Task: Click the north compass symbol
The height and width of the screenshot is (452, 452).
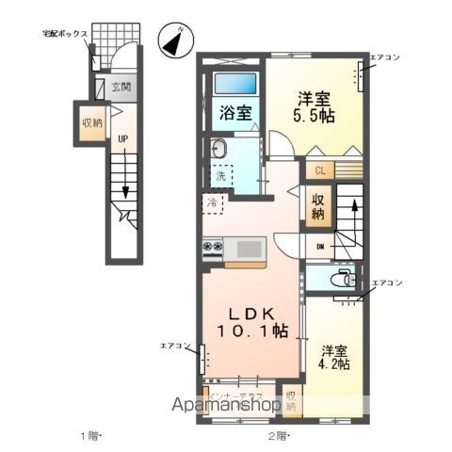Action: coord(173,40)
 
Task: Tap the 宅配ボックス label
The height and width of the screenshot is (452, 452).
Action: coord(65,34)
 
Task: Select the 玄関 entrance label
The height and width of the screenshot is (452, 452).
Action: coord(121,88)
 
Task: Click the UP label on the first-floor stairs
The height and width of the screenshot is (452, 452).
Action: coord(121,141)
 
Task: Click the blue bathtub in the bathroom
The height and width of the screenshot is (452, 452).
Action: coord(234,83)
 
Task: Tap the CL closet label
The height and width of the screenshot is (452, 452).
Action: coord(319,170)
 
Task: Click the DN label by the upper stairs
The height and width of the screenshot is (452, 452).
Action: coord(319,247)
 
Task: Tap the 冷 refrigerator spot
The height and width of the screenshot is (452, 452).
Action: coord(212,202)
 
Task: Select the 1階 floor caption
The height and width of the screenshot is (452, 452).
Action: coord(89,435)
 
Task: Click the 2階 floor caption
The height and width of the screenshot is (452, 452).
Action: coord(279,435)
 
